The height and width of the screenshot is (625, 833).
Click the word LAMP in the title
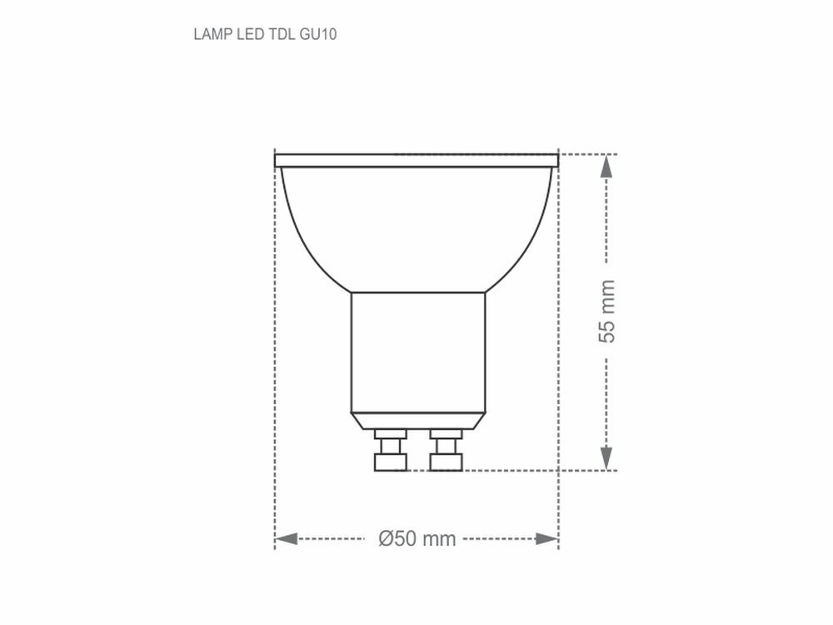209,35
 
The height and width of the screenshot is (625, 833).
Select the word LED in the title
245,35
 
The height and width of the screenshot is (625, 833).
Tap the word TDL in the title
279,35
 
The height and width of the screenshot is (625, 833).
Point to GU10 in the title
317,35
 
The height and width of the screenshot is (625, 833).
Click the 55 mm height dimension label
607,312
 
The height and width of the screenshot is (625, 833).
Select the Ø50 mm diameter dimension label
416,539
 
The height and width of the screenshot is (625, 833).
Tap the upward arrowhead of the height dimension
607,166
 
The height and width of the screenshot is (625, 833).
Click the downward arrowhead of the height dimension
607,457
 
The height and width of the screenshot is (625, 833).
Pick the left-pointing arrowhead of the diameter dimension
287,539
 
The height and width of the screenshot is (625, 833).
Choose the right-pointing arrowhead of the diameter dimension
546,539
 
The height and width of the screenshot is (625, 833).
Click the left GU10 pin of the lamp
390,450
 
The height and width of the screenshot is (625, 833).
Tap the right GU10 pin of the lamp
446,450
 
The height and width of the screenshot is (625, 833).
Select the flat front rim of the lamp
416,160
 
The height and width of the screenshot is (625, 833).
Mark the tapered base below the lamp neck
416,421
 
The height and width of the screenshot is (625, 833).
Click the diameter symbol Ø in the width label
386,539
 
